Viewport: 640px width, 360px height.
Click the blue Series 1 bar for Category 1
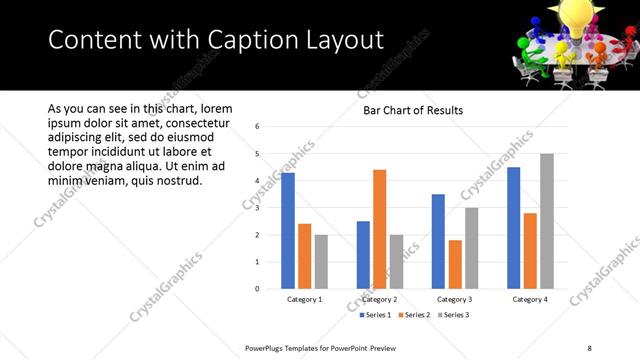[x=288, y=231]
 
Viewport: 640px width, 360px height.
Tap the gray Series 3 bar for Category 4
[x=546, y=221]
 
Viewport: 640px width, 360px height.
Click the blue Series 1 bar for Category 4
[x=514, y=228]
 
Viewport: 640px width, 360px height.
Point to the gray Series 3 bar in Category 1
[x=321, y=262]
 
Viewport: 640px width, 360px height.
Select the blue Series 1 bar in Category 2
[x=363, y=255]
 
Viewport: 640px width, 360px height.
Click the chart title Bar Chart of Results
[x=412, y=111]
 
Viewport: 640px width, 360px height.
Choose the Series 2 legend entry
[x=415, y=315]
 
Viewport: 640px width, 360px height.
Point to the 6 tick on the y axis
[x=258, y=127]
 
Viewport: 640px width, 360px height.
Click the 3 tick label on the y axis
[x=258, y=208]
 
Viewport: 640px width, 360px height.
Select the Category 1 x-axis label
[x=304, y=299]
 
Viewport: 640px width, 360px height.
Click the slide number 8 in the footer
[x=589, y=348]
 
